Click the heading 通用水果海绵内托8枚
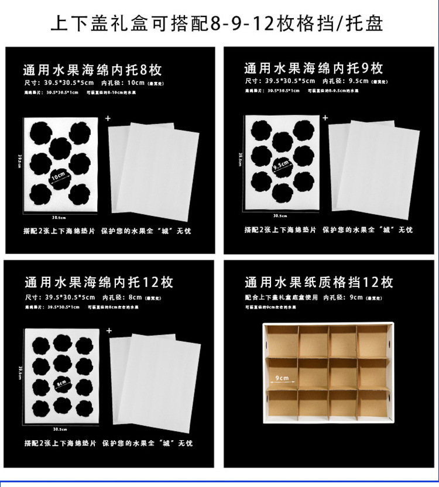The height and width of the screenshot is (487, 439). click(x=92, y=71)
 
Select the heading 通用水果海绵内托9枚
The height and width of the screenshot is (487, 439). click(x=314, y=68)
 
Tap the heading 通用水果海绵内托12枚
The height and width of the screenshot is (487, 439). click(x=99, y=283)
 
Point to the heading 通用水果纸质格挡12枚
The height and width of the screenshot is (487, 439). click(x=319, y=283)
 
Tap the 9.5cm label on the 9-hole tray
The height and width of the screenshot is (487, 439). click(x=281, y=165)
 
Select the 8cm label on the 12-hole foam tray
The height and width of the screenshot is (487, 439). click(x=60, y=384)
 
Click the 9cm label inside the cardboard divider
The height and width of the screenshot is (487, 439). click(x=282, y=379)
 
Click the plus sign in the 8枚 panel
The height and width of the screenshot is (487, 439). click(x=108, y=118)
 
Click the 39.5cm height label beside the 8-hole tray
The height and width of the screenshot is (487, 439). click(x=19, y=161)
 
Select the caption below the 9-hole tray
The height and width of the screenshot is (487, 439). click(x=328, y=230)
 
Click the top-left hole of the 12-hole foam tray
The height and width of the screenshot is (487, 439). click(x=41, y=345)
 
